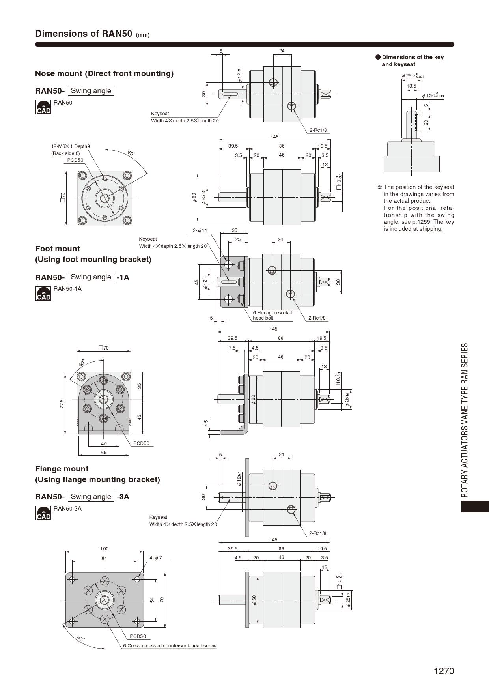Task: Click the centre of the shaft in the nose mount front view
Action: pyautogui.click(x=105, y=198)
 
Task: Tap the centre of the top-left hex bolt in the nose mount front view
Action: pyautogui.click(x=82, y=176)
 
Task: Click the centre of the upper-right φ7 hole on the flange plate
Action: pyautogui.click(x=137, y=579)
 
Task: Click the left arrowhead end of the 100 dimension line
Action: pyautogui.click(x=66, y=552)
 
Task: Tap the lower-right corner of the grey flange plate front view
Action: pyautogui.click(x=144, y=627)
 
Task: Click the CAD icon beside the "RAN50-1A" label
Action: pyautogui.click(x=43, y=294)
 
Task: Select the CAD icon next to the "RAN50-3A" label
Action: pyautogui.click(x=43, y=513)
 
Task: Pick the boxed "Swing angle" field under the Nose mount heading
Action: pyautogui.click(x=91, y=91)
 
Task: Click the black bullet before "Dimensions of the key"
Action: pyautogui.click(x=378, y=57)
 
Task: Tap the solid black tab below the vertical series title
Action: pyautogui.click(x=475, y=507)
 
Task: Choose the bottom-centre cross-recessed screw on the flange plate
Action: pyautogui.click(x=105, y=619)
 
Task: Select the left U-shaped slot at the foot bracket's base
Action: pyautogui.click(x=90, y=427)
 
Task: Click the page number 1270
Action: pyautogui.click(x=444, y=671)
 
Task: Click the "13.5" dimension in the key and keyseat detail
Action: pyautogui.click(x=411, y=86)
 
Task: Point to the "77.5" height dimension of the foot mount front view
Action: pyautogui.click(x=62, y=404)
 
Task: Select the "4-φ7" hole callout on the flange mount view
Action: pyautogui.click(x=155, y=558)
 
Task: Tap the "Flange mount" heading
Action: pyautogui.click(x=62, y=469)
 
